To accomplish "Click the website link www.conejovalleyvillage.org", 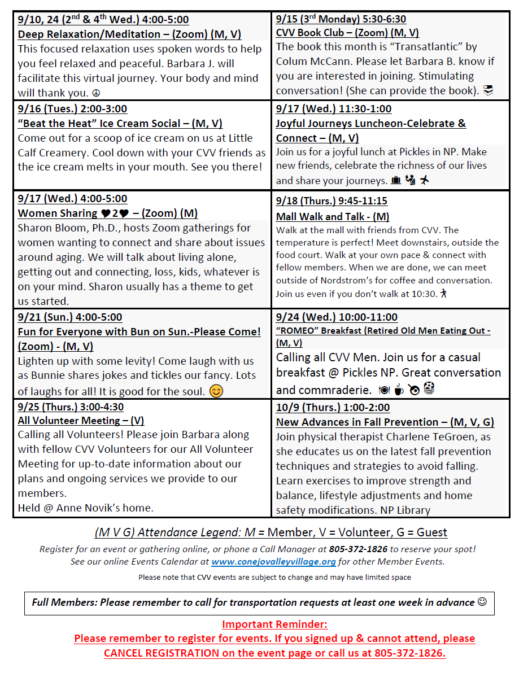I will point(273,562).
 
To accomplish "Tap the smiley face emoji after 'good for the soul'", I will point(216,391).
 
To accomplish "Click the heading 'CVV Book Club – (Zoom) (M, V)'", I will point(347,33).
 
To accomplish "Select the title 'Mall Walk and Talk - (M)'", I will point(332,217).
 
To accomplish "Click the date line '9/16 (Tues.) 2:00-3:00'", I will point(72,109).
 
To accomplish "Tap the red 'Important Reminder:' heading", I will point(274,624).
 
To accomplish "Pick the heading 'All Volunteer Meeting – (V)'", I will point(81,420).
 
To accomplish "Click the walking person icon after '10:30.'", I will point(444,294).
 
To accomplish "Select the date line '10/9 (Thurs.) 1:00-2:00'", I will point(333,407).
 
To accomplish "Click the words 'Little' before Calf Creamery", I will point(238,138).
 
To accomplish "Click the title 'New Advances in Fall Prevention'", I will point(357,422).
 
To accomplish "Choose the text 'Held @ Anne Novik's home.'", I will point(85,508).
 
